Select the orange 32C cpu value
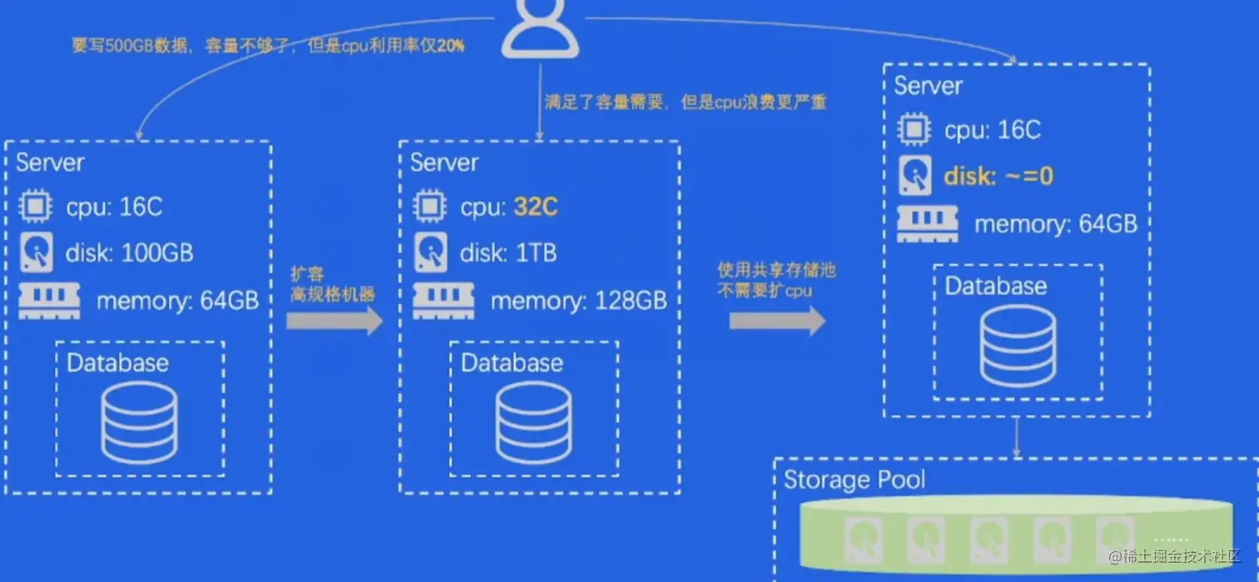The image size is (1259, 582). point(535,206)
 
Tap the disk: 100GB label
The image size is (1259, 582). point(129,253)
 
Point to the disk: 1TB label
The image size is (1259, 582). point(508,253)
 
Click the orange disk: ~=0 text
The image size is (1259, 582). point(998,176)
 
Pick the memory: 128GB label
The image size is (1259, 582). point(579,301)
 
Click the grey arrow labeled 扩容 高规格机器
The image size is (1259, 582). point(334,321)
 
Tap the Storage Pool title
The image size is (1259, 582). point(854,480)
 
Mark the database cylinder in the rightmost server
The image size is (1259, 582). point(1018,345)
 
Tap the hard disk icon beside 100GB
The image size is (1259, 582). point(36,252)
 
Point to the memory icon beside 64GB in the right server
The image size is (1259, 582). point(928,224)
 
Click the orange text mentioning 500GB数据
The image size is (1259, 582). point(267,46)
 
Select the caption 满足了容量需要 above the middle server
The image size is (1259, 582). point(684,102)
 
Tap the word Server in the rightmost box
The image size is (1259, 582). point(928,86)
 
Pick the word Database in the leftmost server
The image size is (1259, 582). point(117,363)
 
